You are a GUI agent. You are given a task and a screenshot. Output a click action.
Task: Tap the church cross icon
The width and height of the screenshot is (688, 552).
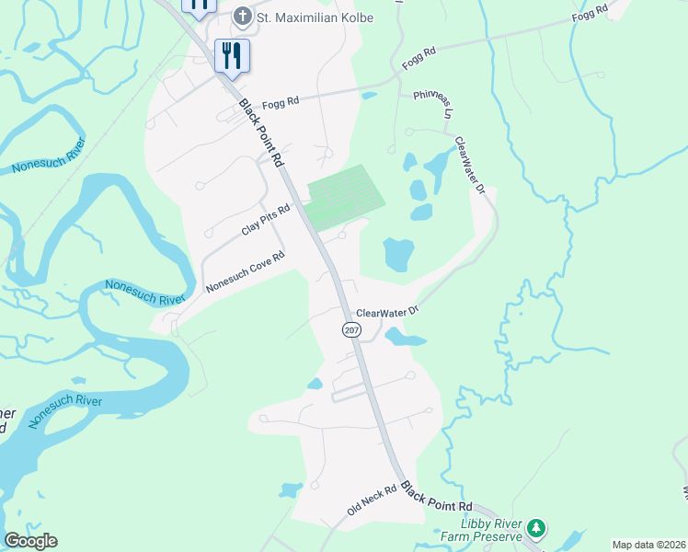243,16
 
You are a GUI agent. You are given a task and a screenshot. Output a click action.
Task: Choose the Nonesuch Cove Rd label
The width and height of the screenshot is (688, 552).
246,272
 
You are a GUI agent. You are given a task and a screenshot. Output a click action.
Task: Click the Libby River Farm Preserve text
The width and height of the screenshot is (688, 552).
491,529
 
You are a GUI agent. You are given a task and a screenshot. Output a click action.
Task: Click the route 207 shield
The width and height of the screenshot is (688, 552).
350,329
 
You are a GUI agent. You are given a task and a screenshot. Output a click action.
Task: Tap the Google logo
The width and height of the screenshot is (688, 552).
30,541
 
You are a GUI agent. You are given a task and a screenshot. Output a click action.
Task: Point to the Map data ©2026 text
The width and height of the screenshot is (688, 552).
649,545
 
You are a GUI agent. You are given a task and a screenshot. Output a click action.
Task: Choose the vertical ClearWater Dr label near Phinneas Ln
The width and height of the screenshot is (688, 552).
469,166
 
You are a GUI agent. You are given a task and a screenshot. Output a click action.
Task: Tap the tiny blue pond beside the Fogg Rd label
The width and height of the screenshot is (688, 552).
369,95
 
